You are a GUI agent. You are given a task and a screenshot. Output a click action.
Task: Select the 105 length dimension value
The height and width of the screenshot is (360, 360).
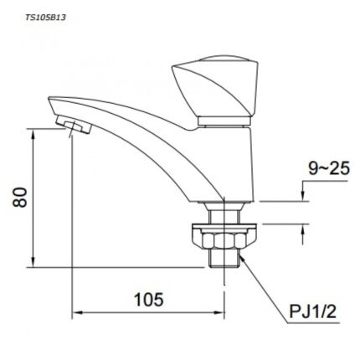click(147, 299)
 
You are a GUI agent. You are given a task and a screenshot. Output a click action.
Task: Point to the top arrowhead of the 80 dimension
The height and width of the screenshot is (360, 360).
click(33, 131)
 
